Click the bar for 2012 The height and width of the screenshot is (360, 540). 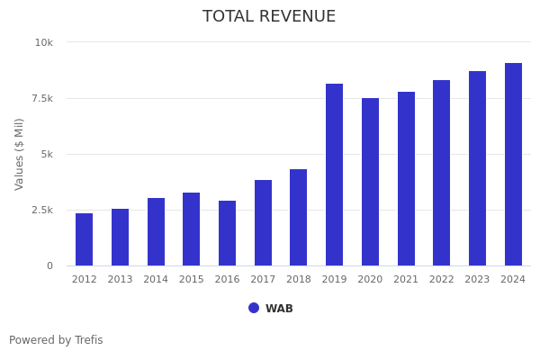point(84,239)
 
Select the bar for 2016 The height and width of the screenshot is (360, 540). point(227,233)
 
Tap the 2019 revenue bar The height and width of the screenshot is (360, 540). point(334,175)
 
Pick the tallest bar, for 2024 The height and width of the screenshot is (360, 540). point(513,165)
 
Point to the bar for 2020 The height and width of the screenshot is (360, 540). point(370,182)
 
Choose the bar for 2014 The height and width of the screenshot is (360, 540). point(156,232)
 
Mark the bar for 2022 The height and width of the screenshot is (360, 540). point(441,173)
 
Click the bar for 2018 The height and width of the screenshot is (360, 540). point(299,218)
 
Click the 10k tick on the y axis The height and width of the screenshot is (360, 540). point(44,42)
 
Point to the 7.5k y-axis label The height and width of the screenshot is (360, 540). point(42,98)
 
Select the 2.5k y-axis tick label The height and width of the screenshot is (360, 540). point(42,210)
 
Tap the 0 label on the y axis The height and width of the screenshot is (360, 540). point(49,265)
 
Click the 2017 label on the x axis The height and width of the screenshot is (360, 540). point(263,280)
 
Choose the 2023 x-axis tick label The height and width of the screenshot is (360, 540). point(477,280)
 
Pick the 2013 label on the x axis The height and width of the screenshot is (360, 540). point(120,280)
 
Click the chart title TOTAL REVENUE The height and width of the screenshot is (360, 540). point(269,17)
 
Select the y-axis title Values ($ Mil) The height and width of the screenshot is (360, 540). point(20,154)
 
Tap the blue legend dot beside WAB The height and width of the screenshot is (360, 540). point(254,308)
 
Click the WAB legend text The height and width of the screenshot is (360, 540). point(279,309)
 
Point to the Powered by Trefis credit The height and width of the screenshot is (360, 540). point(56,340)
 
